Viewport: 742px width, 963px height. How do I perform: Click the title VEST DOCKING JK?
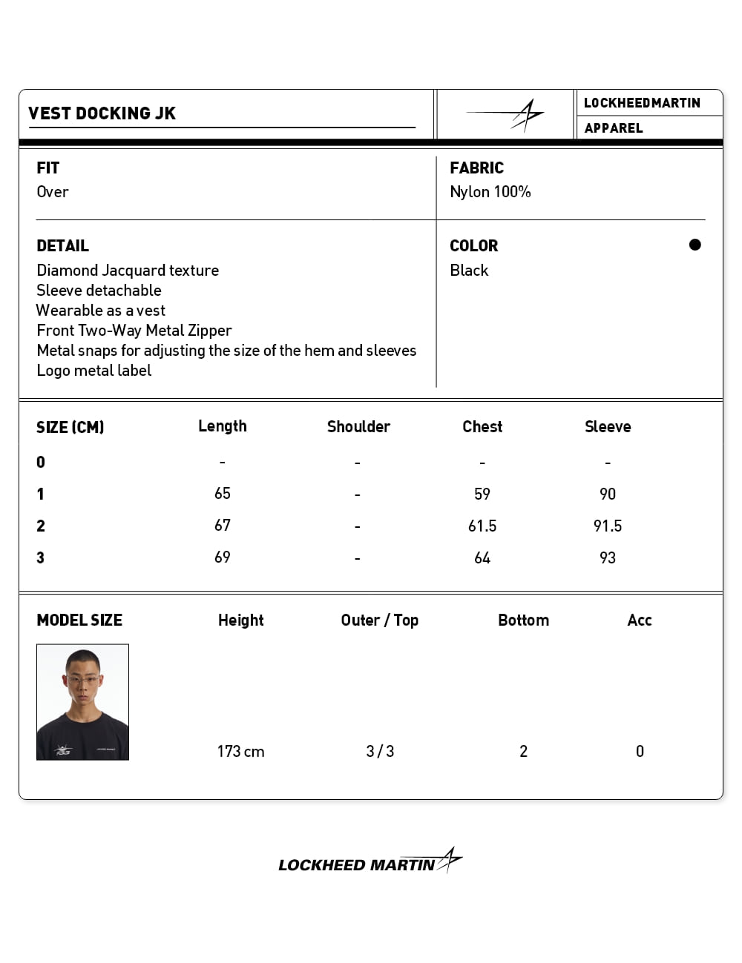click(x=102, y=113)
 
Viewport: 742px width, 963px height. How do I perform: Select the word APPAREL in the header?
click(x=613, y=128)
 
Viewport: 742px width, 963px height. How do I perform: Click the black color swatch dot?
click(x=695, y=245)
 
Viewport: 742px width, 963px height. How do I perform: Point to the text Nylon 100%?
click(x=490, y=192)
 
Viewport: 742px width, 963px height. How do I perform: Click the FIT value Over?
click(x=53, y=192)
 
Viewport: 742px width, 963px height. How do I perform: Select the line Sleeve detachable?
click(x=99, y=291)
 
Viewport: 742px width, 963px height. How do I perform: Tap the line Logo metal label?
click(x=94, y=371)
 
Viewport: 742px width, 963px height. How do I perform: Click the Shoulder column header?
click(x=358, y=427)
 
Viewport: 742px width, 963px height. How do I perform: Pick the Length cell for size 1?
click(x=223, y=494)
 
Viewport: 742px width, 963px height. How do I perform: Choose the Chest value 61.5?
click(x=482, y=526)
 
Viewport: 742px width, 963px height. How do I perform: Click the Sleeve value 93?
click(x=608, y=558)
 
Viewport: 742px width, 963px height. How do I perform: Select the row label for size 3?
click(x=41, y=558)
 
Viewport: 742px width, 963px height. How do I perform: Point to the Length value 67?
click(x=223, y=526)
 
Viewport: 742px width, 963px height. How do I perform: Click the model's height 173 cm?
click(x=240, y=752)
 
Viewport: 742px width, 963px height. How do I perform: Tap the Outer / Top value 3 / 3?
click(x=380, y=752)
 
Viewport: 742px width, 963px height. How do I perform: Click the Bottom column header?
click(x=523, y=621)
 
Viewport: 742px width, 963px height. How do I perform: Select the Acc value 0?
click(x=640, y=752)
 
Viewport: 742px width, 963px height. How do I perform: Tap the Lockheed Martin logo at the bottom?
click(x=370, y=863)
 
